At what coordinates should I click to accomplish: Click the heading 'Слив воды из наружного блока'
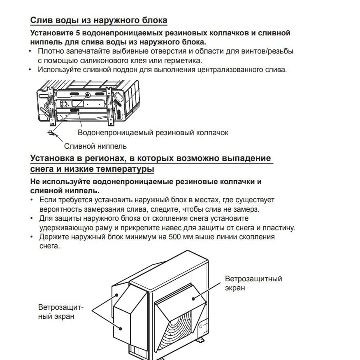pos(99,21)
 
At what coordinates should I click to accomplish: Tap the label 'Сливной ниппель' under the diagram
pos(95,146)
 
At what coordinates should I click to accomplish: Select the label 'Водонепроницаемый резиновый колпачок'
pos(153,133)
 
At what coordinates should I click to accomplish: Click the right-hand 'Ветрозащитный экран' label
pos(253,283)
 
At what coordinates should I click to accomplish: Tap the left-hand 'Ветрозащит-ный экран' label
pos(60,312)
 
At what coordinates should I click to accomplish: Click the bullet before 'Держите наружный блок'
pos(32,237)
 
